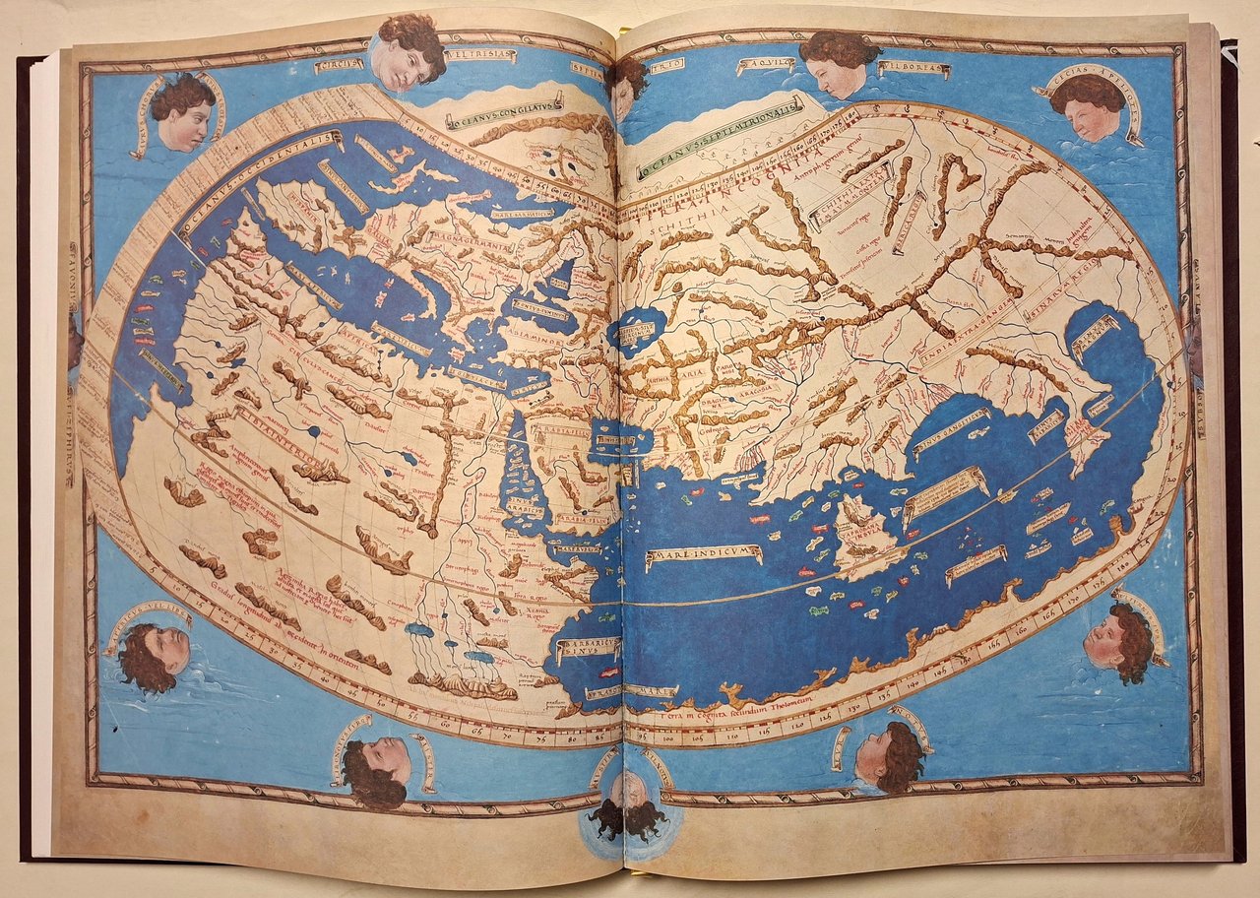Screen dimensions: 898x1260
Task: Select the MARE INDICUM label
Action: coord(703,556)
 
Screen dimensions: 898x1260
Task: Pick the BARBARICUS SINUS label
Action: coord(588,650)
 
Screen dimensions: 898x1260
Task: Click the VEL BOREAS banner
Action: coord(914,70)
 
